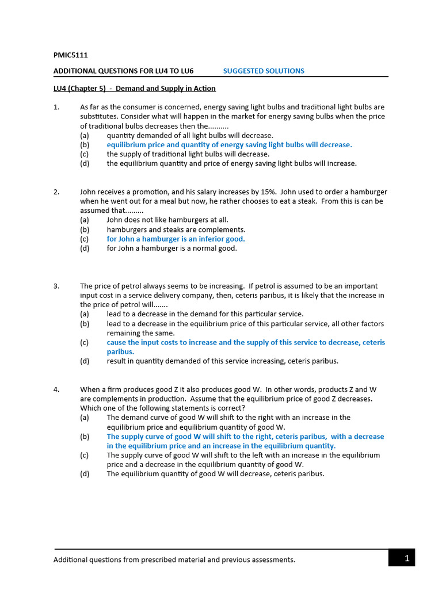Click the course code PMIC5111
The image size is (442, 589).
click(x=70, y=55)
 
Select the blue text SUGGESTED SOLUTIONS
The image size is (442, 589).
click(x=264, y=71)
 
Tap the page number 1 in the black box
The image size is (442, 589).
click(x=406, y=558)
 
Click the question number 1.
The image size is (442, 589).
click(x=56, y=107)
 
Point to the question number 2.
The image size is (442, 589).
click(x=56, y=192)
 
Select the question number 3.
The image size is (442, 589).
click(x=56, y=286)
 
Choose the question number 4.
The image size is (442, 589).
click(x=56, y=389)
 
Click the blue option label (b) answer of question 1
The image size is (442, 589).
click(x=85, y=145)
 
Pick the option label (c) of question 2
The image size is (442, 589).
click(x=85, y=239)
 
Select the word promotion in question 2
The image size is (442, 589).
click(x=145, y=192)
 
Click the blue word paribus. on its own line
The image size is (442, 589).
click(x=120, y=351)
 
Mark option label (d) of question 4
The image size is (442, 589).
click(x=85, y=474)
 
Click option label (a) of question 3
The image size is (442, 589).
click(x=85, y=314)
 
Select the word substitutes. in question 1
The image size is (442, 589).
click(x=99, y=116)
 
